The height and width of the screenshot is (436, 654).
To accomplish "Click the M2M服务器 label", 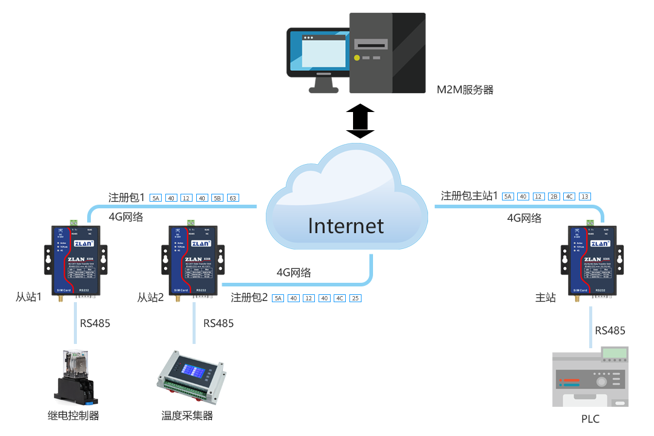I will click(465, 90).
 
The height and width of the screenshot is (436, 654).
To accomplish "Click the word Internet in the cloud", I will click(346, 226).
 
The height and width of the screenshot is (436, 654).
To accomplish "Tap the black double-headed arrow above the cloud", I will click(360, 121).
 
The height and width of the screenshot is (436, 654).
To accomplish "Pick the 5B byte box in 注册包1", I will click(218, 198).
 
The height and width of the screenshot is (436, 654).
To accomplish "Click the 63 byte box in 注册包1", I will click(233, 198).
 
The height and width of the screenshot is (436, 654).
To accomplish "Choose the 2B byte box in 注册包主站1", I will click(553, 196).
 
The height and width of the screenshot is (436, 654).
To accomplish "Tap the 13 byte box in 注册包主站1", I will click(584, 196).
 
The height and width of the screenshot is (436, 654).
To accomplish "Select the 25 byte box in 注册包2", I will click(355, 298).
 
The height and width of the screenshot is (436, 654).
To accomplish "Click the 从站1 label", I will click(28, 297).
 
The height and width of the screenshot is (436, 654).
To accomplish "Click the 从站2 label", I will click(151, 297).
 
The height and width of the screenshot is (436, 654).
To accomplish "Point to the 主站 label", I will click(546, 297).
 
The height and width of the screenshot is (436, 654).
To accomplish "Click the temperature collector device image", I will click(190, 376).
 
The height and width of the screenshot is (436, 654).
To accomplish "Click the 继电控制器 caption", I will click(73, 415).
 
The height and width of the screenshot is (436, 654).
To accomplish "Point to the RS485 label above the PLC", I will click(610, 331).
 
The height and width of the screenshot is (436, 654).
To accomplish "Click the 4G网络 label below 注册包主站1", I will click(524, 218).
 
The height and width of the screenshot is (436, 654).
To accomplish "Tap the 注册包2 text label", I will click(249, 298).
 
